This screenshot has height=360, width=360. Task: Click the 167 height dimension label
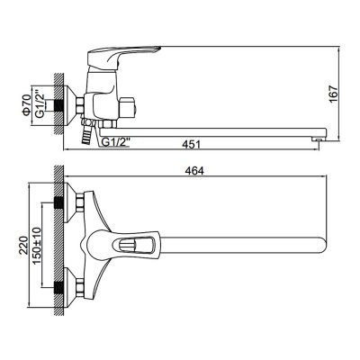(x=334, y=94)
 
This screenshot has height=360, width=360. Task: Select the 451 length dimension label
(x=191, y=144)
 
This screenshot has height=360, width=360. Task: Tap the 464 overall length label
(x=194, y=171)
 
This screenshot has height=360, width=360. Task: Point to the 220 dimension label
(x=23, y=245)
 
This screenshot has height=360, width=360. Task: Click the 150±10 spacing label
(x=37, y=246)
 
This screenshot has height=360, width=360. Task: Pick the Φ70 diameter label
(x=26, y=105)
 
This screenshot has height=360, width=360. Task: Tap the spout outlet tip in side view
(x=318, y=139)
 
